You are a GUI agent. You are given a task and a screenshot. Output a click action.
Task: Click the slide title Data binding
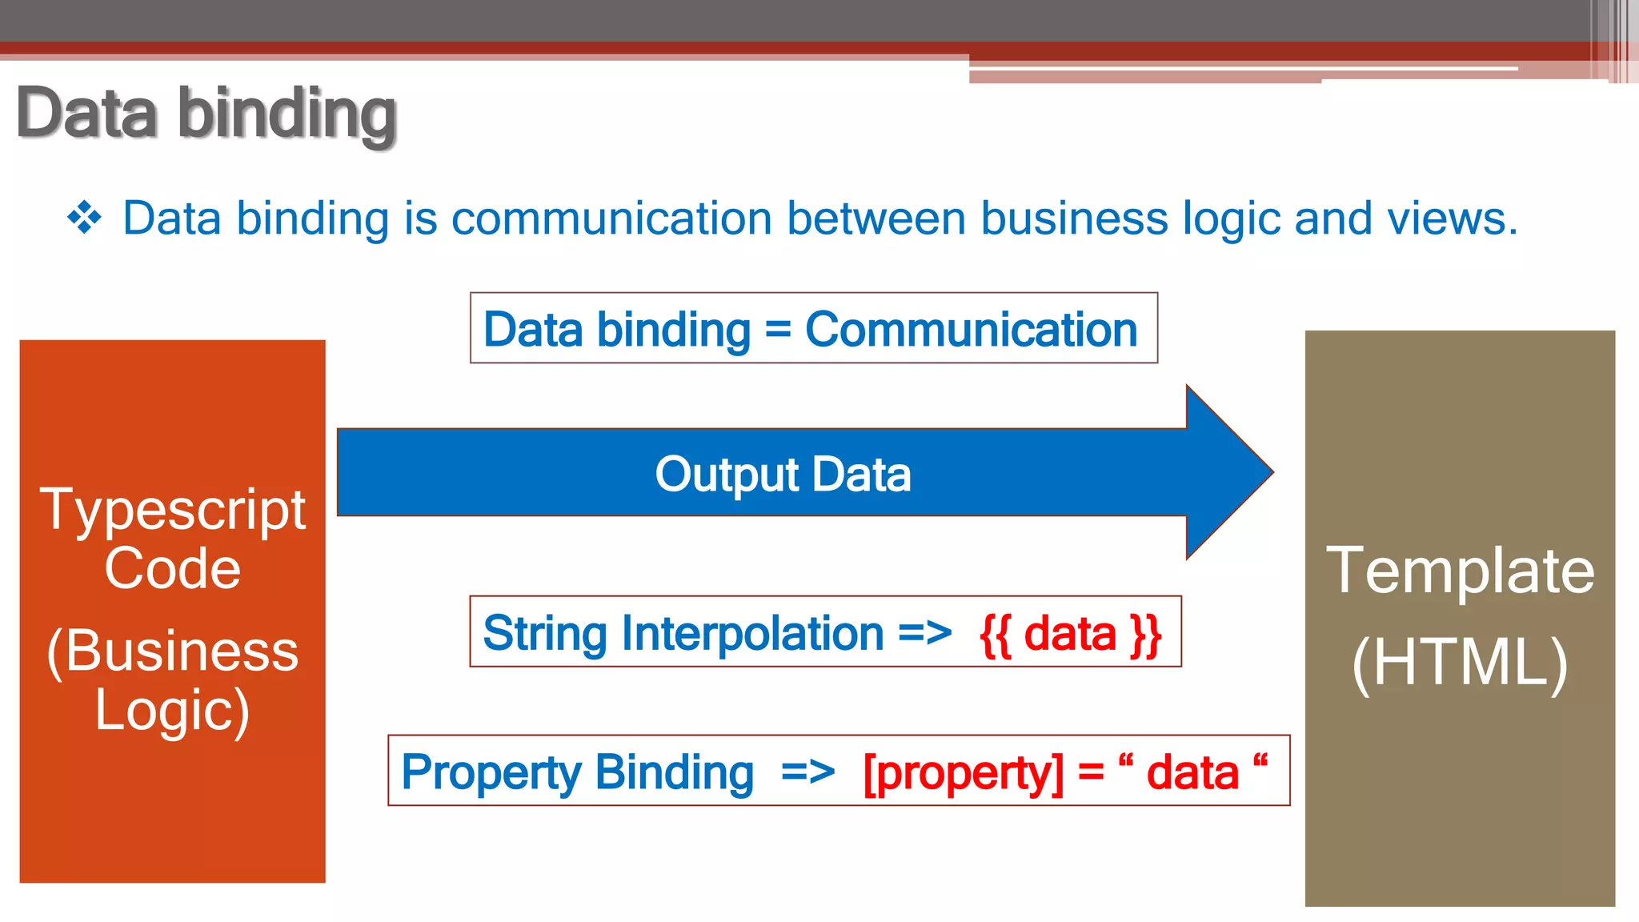coord(206,113)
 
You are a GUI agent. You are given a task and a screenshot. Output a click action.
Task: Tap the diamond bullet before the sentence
coord(85,218)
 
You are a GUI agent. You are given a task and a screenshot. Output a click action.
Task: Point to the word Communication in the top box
coord(971,330)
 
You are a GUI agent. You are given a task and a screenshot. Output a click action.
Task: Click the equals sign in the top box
coord(777,331)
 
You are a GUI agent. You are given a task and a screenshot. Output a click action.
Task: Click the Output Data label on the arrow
coord(783,474)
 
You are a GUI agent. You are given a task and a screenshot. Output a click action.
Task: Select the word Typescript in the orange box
coord(173,509)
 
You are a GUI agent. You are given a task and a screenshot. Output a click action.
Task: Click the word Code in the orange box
coord(173,568)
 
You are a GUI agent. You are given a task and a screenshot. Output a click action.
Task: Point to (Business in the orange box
coord(173,651)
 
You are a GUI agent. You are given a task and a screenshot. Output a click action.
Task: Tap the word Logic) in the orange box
coord(173,711)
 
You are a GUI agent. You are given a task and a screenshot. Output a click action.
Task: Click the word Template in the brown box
coord(1460,570)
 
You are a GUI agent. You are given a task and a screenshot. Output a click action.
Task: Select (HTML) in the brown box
coord(1460,663)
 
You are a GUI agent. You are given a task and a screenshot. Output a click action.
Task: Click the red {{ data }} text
coord(1070,634)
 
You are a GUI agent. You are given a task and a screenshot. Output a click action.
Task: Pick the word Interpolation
coord(752,633)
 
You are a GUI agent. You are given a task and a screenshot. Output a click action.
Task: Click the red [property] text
coord(964,773)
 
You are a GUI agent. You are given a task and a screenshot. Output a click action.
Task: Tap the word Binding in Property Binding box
coord(674,772)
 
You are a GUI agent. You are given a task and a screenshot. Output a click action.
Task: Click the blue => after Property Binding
coord(807,773)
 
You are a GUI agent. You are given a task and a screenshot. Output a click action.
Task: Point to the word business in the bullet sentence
coord(1074,218)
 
